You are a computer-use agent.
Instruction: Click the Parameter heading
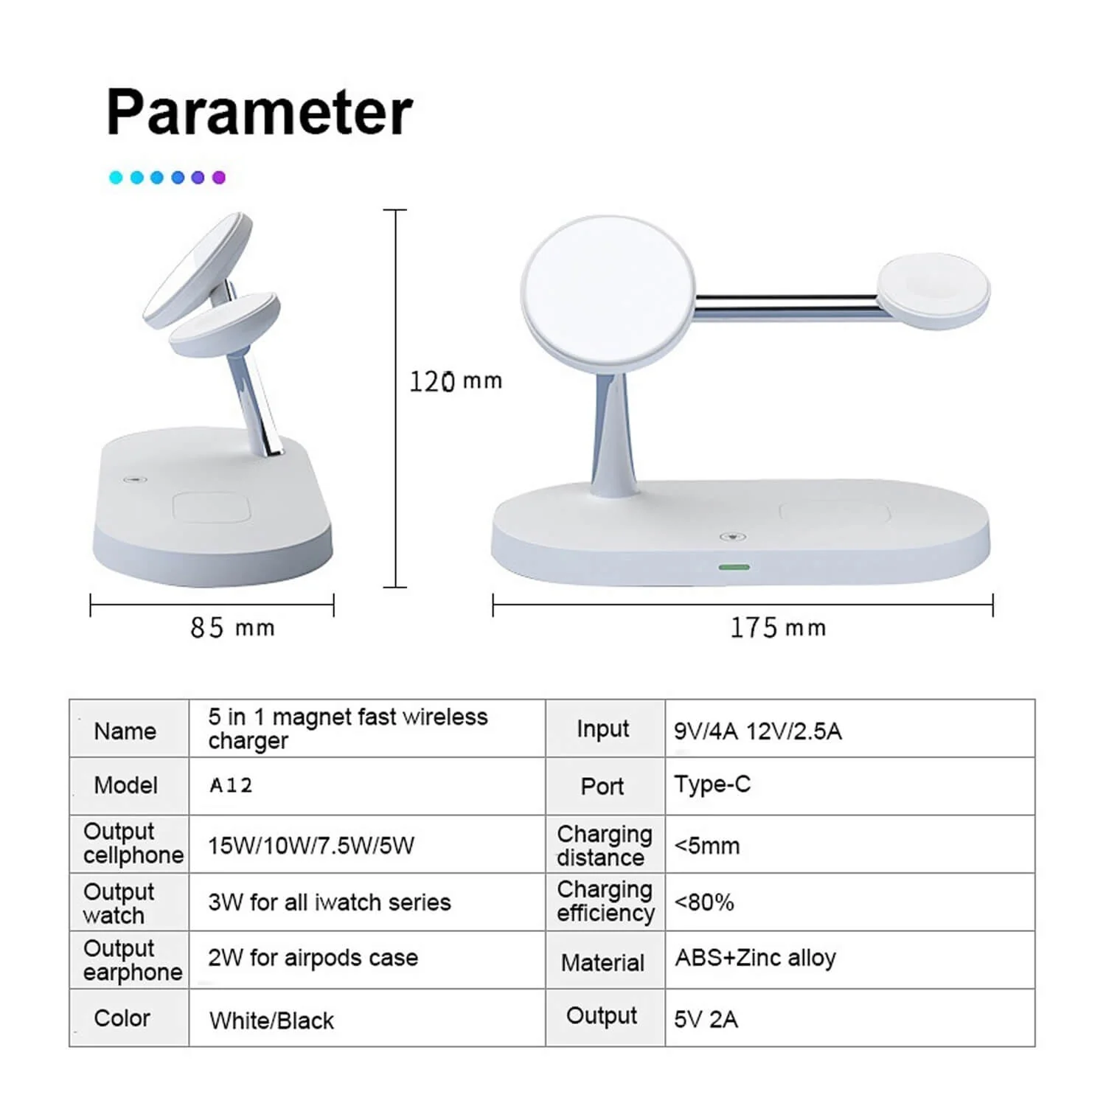pyautogui.click(x=259, y=112)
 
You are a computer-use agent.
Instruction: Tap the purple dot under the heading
pyautogui.click(x=218, y=177)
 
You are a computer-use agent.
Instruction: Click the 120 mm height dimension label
pyautogui.click(x=455, y=381)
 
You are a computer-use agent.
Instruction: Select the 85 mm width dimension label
pyautogui.click(x=232, y=628)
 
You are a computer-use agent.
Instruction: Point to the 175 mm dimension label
pyautogui.click(x=777, y=628)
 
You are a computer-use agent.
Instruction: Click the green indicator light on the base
pyautogui.click(x=734, y=567)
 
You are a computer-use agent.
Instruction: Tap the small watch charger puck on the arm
pyautogui.click(x=933, y=291)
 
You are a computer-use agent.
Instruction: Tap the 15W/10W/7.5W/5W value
pyautogui.click(x=310, y=845)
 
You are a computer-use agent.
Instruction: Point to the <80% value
pyautogui.click(x=704, y=902)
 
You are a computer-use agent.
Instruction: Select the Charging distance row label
pyautogui.click(x=604, y=845)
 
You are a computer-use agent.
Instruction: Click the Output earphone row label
pyautogui.click(x=132, y=960)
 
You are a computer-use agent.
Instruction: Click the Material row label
pyautogui.click(x=602, y=962)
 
